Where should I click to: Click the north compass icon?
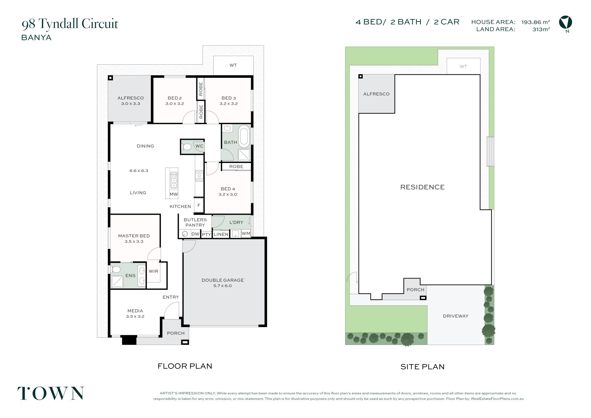point(565,23)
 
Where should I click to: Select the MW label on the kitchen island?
point(174,194)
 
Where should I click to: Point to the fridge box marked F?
point(199,205)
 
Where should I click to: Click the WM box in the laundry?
point(246,233)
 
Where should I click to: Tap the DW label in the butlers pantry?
point(195,234)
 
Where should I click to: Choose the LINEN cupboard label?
point(221,234)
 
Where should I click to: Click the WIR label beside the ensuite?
point(153,271)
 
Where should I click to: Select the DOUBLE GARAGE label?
point(223,280)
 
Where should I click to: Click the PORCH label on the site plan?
point(415,290)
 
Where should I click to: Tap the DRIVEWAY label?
point(456,316)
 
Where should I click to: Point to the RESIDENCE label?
point(422,187)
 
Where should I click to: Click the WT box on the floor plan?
point(233,65)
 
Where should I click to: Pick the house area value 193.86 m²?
point(536,22)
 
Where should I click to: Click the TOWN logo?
point(50,393)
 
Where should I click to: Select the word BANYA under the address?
point(36,38)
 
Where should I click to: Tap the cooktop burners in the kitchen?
point(199,176)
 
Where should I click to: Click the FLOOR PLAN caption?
point(185,366)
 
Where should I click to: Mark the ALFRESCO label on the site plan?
point(376,94)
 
